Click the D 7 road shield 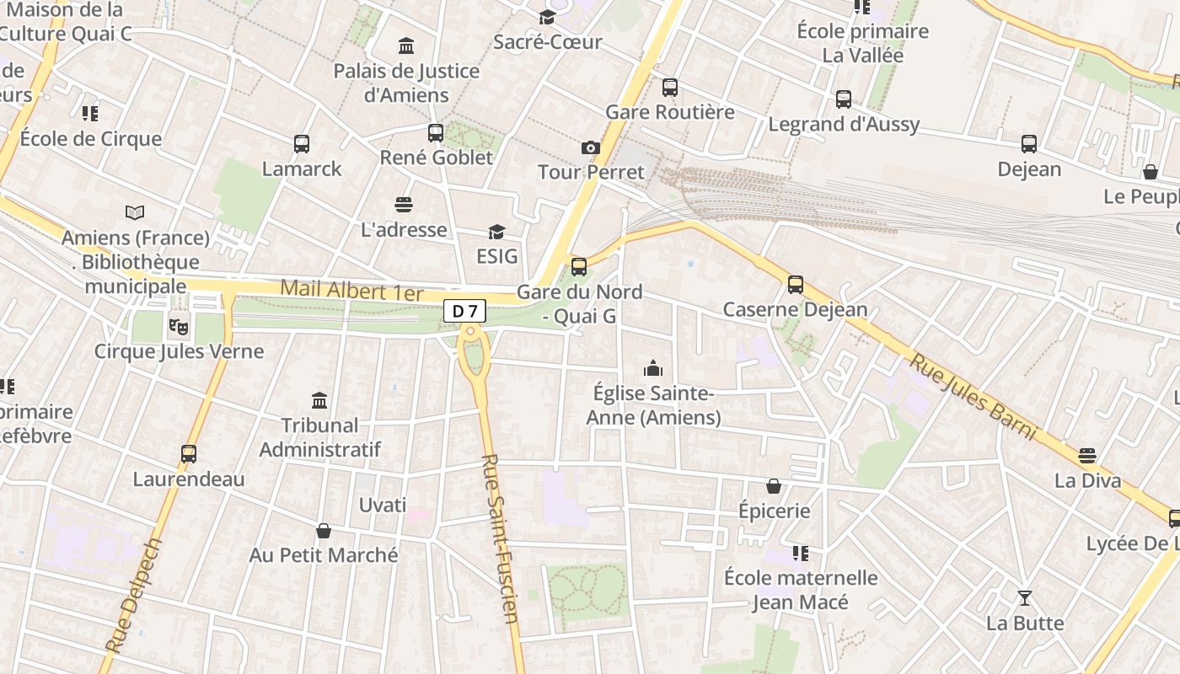click(464, 311)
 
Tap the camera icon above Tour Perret click(591, 148)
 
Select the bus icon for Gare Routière click(670, 87)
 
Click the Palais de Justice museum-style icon click(406, 45)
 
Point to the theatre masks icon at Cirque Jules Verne click(178, 324)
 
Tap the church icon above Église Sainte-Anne click(653, 368)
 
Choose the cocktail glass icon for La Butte click(1025, 598)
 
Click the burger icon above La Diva click(1087, 456)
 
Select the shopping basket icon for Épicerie click(774, 486)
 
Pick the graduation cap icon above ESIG click(496, 232)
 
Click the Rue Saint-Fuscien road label click(500, 539)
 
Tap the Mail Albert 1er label click(351, 291)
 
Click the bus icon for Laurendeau click(189, 454)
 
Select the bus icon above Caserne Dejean click(796, 284)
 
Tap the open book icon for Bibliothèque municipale click(135, 212)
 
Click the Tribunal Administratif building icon click(319, 400)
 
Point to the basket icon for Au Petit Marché click(323, 531)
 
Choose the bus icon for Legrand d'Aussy click(844, 99)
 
